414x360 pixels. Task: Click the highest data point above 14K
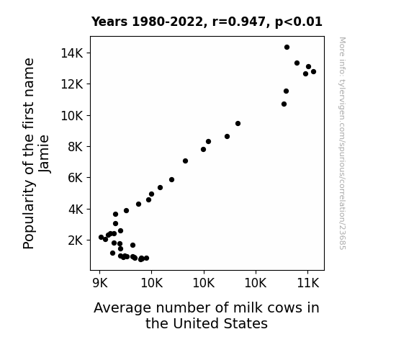coord(287,48)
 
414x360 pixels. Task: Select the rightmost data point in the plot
coord(313,71)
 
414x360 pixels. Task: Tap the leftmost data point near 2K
coord(101,237)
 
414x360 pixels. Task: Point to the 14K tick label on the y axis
coord(72,53)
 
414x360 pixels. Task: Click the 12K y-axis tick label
coord(72,84)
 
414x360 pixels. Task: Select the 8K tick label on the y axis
coord(76,147)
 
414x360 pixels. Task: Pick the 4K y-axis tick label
coord(76,210)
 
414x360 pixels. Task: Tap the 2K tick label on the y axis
coord(76,240)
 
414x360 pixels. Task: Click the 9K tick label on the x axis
coord(100,283)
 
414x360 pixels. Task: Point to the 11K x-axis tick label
coord(308,283)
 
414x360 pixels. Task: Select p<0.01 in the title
coord(299,22)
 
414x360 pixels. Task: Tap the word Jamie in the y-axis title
coord(44,154)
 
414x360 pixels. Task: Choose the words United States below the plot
coord(220,323)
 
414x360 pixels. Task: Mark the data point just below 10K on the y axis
coord(238,123)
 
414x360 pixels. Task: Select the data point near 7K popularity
coord(185,161)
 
